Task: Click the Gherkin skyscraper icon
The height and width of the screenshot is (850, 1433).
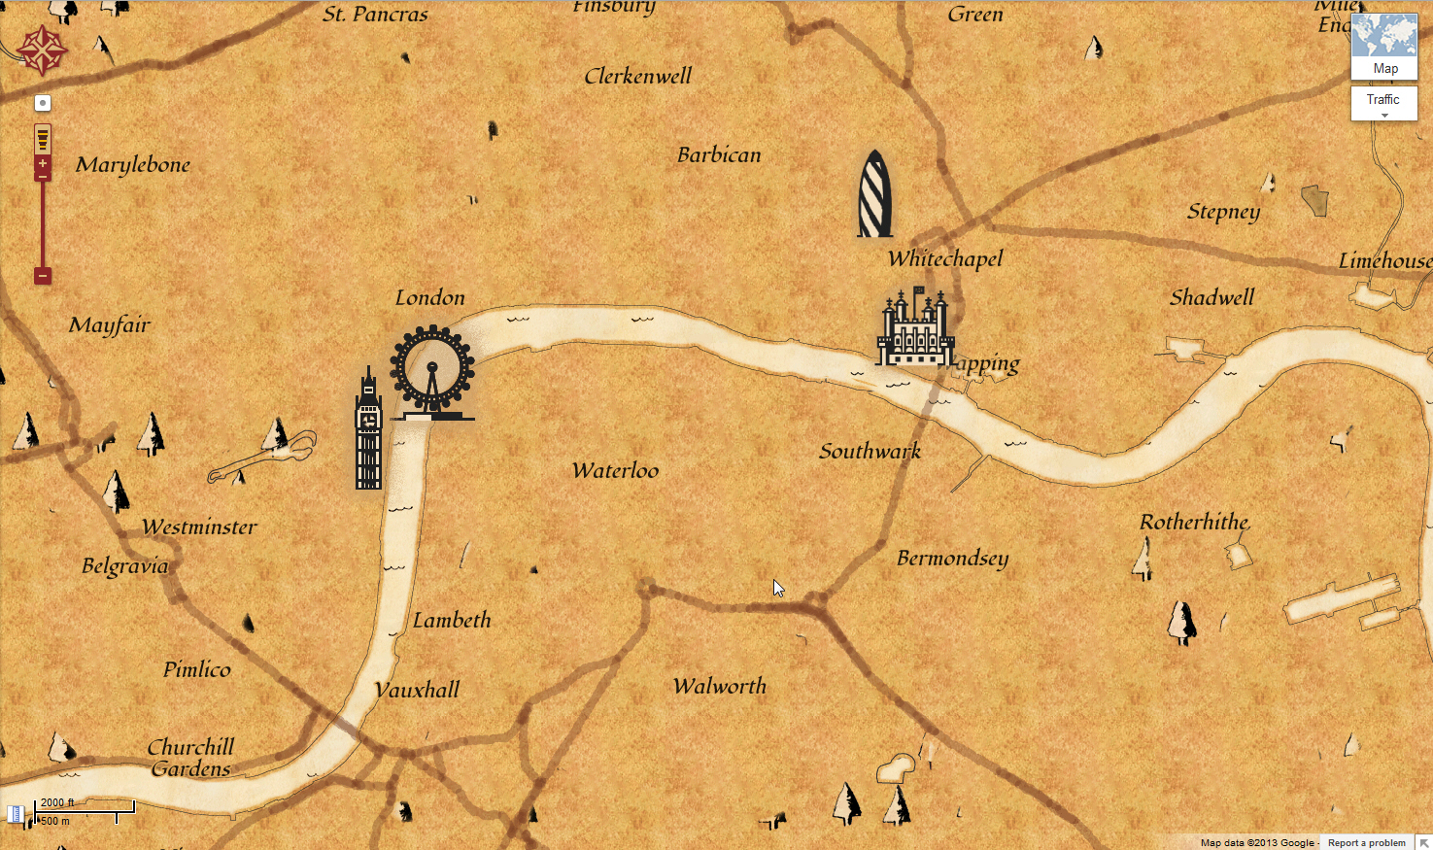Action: (x=874, y=194)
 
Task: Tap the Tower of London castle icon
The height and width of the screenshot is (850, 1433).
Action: (x=914, y=328)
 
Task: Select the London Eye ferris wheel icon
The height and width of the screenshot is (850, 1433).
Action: (x=432, y=372)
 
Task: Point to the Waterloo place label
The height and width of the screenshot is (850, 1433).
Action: (x=615, y=471)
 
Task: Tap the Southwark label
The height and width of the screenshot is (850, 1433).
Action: (x=870, y=451)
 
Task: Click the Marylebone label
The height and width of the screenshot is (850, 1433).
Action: (x=133, y=165)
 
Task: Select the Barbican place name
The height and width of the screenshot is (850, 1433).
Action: (x=719, y=155)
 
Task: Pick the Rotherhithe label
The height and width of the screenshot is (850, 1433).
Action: (x=1194, y=523)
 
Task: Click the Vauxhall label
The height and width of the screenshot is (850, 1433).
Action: (x=417, y=691)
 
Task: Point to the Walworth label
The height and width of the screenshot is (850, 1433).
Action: (x=720, y=687)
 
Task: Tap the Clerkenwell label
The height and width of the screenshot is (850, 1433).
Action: (x=638, y=77)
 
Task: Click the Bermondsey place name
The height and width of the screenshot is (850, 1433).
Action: (x=952, y=559)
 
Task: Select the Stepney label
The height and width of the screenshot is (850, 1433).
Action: (x=1223, y=213)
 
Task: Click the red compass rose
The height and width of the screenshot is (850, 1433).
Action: (x=42, y=51)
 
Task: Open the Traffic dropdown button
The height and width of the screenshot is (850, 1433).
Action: (x=1383, y=103)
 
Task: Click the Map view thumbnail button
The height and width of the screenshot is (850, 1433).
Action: (x=1384, y=47)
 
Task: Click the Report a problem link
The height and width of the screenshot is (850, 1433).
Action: (x=1366, y=842)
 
